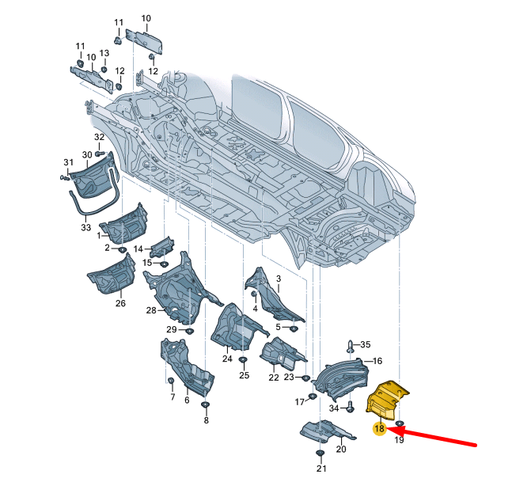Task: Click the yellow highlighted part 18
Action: pyautogui.click(x=387, y=400)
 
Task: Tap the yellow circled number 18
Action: pyautogui.click(x=380, y=428)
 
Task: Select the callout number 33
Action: pyautogui.click(x=85, y=227)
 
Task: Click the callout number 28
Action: pyautogui.click(x=151, y=310)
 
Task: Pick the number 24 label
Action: pyautogui.click(x=227, y=359)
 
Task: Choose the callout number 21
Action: pyautogui.click(x=321, y=469)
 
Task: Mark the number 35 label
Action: pyautogui.click(x=366, y=344)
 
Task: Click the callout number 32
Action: pyautogui.click(x=99, y=137)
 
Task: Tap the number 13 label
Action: pyautogui.click(x=104, y=53)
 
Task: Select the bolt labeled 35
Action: pyautogui.click(x=350, y=346)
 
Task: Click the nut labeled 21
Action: pyautogui.click(x=320, y=454)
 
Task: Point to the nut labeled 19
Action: pyautogui.click(x=400, y=423)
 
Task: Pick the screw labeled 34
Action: pyautogui.click(x=351, y=407)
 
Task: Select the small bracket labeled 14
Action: pyautogui.click(x=162, y=247)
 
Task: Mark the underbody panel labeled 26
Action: pyautogui.click(x=112, y=273)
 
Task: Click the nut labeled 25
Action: pyautogui.click(x=243, y=360)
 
